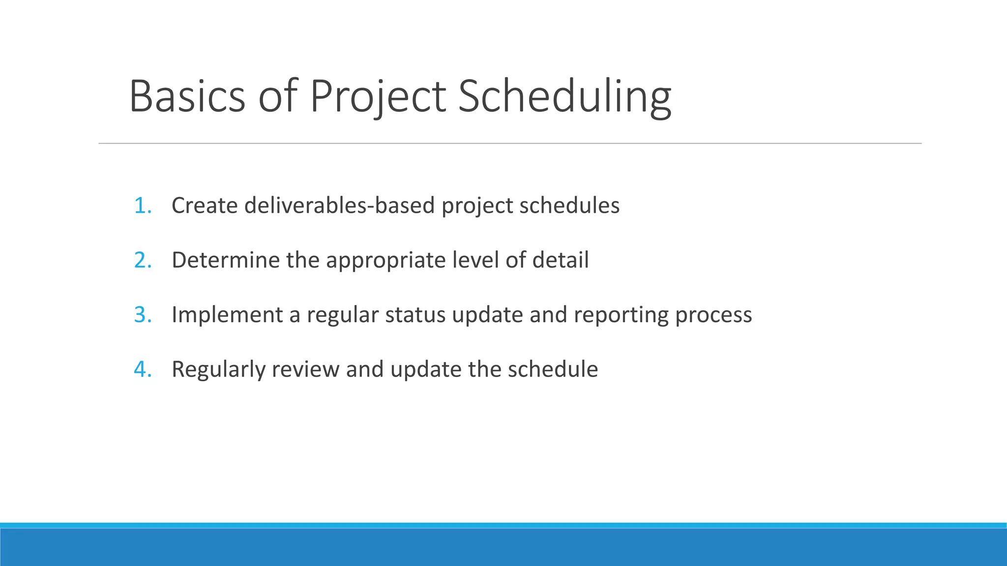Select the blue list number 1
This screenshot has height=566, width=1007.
coord(142,205)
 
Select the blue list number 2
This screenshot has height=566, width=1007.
coord(142,260)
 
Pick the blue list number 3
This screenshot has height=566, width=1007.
coord(142,314)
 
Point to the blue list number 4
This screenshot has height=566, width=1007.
coord(142,369)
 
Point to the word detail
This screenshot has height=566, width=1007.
coord(560,260)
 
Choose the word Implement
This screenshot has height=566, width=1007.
coord(227,315)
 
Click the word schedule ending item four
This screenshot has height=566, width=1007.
coord(553,369)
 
